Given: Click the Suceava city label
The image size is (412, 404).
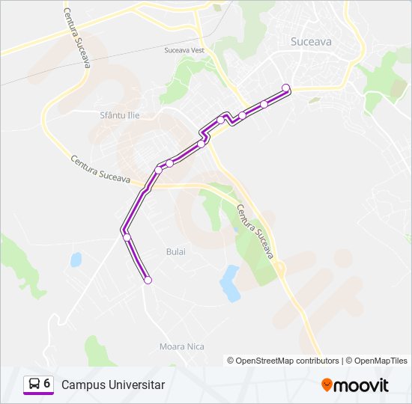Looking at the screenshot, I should coord(310,43).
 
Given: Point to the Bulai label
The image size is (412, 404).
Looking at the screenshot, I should coord(175,252).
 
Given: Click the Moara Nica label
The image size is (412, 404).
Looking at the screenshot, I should coord(181,346).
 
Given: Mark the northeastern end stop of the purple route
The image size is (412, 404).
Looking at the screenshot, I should coord(285,88).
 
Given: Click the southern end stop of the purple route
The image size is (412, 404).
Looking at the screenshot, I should coord(148,280).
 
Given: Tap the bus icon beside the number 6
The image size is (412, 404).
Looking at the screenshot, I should coord(34,384).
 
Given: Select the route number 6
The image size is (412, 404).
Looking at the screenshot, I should coord(47,384).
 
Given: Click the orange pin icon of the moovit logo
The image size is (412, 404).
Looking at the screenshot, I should coord(327,385).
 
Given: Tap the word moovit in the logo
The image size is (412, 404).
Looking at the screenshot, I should coord(361,385).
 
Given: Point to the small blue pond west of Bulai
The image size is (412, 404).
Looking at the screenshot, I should coord(76,260).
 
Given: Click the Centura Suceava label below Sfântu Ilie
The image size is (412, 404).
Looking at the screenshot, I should coord(101,171).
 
